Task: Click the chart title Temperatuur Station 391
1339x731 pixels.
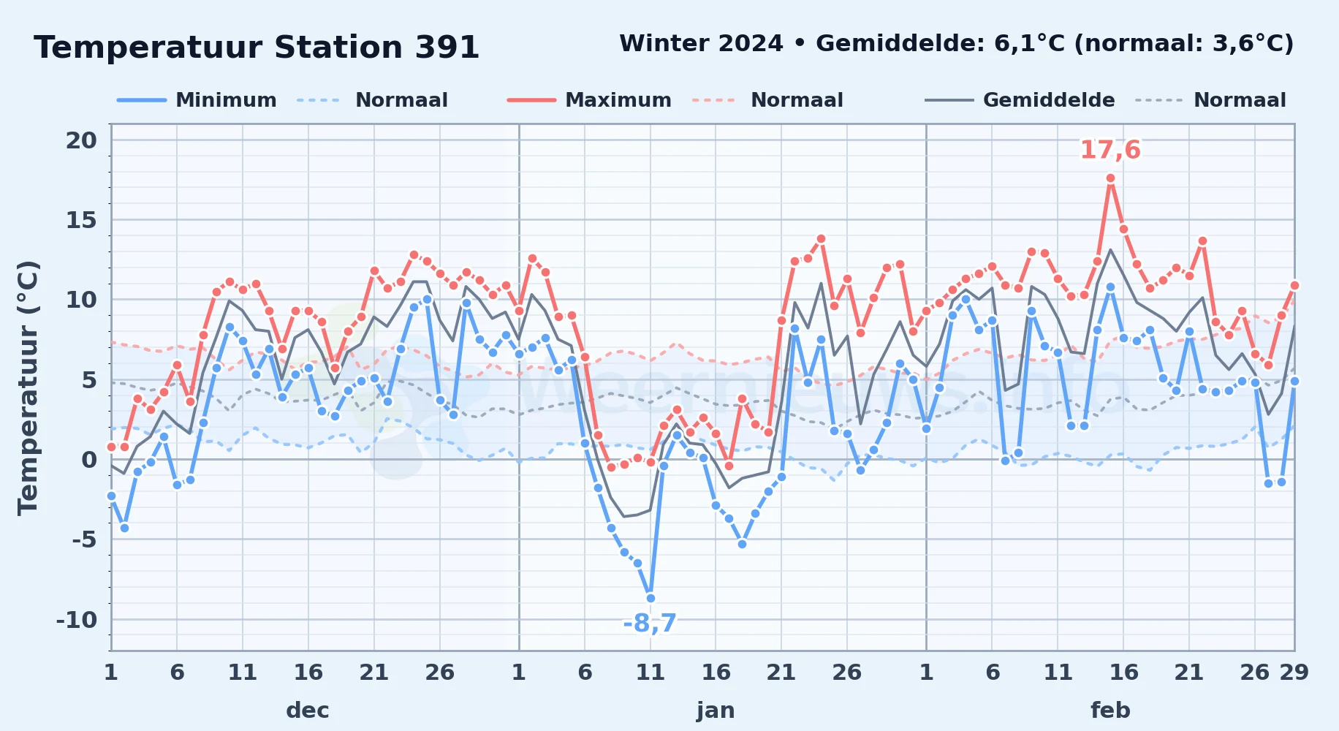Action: pos(257,48)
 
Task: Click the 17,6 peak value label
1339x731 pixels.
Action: pos(1110,150)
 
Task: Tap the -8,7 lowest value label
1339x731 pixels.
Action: pos(650,624)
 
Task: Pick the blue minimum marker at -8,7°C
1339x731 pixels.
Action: pos(650,598)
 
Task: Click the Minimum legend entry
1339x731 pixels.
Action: pos(197,100)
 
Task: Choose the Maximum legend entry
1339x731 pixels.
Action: pos(589,100)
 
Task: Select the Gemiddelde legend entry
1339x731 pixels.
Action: pos(1020,100)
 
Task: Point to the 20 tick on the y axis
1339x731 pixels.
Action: pos(81,140)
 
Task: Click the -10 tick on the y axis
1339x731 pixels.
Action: pos(77,620)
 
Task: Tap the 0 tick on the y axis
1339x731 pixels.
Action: pos(89,460)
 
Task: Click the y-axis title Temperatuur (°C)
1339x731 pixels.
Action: pos(28,387)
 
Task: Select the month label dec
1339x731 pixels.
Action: pos(308,710)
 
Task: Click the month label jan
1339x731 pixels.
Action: pos(716,710)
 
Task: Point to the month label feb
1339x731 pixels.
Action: pos(1110,710)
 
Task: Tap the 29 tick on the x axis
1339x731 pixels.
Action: pos(1294,672)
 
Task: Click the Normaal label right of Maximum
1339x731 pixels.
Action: pos(797,100)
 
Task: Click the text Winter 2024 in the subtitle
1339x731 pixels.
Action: pos(701,44)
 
